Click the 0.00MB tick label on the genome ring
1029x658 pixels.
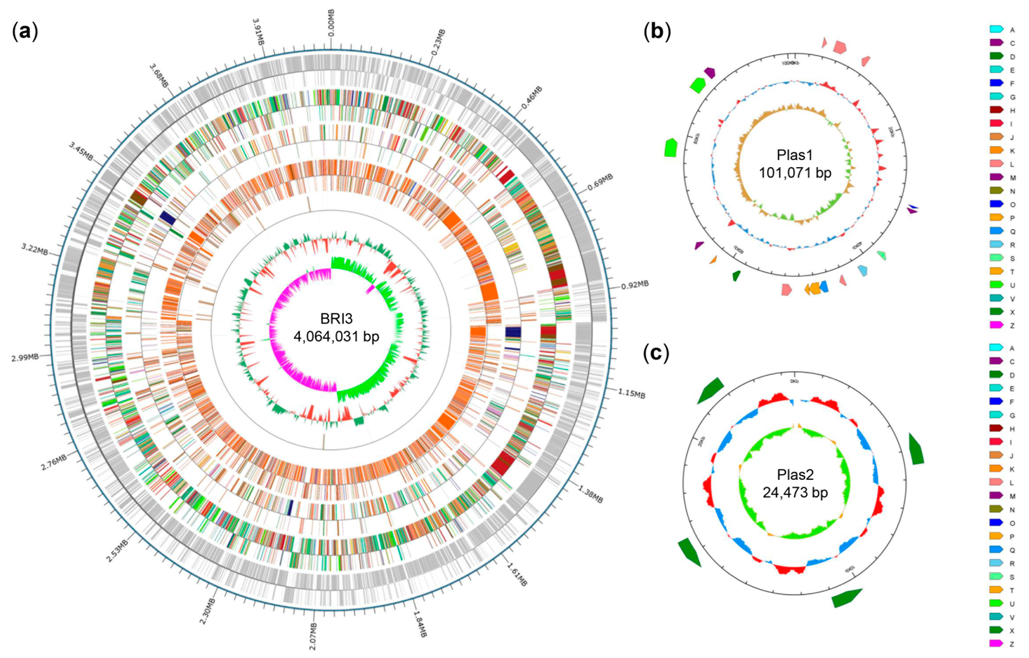[331, 24]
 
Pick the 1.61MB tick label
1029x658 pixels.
[517, 575]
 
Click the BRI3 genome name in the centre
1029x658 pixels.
[336, 319]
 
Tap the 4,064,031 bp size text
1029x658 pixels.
[336, 337]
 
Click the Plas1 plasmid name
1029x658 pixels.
[795, 155]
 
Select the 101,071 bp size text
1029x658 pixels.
[795, 173]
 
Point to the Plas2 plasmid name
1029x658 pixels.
[795, 474]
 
